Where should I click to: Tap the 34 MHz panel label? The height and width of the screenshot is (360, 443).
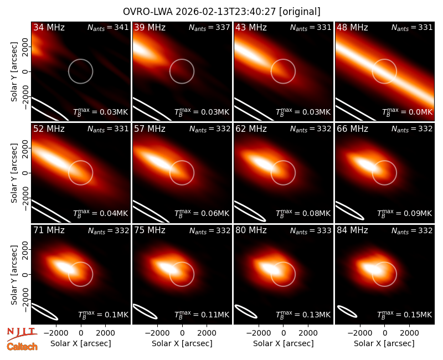click(x=49, y=27)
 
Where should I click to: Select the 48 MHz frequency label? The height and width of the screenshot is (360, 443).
click(x=352, y=27)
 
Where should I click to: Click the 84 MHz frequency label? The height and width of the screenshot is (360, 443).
click(x=352, y=230)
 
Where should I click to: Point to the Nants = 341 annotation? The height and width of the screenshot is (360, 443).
click(x=108, y=28)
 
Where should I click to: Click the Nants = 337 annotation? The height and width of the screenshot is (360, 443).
click(x=209, y=28)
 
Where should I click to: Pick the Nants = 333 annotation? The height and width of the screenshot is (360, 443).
click(x=311, y=231)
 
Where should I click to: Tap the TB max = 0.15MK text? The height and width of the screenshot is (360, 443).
click(x=405, y=315)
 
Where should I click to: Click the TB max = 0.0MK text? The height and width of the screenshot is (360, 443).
click(x=407, y=112)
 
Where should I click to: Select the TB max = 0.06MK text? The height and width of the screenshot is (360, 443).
click(x=202, y=213)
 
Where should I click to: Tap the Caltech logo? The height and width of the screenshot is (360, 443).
click(x=22, y=347)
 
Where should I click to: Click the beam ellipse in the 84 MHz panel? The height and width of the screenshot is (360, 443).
click(x=347, y=312)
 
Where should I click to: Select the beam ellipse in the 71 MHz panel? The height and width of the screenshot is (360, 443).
click(x=44, y=311)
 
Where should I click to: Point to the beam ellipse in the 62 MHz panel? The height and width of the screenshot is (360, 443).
click(x=250, y=211)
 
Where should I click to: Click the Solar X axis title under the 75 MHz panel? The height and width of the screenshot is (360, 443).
click(x=182, y=343)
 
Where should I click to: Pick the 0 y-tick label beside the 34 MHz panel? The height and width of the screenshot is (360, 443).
click(x=25, y=71)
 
